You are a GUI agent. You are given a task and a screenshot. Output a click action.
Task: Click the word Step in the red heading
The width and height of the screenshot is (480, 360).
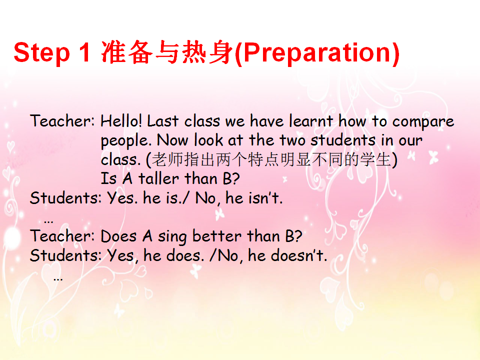[42, 52]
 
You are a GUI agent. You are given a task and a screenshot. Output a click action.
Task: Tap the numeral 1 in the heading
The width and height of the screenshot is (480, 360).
[85, 52]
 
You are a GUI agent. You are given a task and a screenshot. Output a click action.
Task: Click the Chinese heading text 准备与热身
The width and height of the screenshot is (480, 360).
[167, 52]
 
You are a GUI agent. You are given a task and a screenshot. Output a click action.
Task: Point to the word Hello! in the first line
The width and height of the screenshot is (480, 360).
[121, 120]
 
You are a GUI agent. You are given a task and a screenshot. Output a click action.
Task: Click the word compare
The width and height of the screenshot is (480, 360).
[423, 122]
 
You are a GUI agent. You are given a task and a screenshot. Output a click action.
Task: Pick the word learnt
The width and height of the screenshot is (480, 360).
[311, 120]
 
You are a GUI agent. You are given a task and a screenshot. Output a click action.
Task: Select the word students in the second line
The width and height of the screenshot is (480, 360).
[343, 140]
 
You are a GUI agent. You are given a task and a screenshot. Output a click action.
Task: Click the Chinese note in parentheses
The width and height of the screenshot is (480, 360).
[272, 159]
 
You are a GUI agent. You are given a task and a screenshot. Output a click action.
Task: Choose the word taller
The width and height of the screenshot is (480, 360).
[158, 178]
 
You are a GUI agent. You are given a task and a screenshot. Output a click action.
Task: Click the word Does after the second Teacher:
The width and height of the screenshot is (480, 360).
[118, 236]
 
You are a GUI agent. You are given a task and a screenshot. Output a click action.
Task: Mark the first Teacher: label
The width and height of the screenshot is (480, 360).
[62, 120]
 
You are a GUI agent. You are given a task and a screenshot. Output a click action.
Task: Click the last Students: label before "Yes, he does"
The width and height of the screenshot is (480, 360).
[65, 255]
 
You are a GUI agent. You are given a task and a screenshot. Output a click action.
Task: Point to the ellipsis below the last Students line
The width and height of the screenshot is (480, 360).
[58, 279]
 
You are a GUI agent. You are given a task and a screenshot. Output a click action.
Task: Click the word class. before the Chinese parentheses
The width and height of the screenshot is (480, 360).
[120, 159]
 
